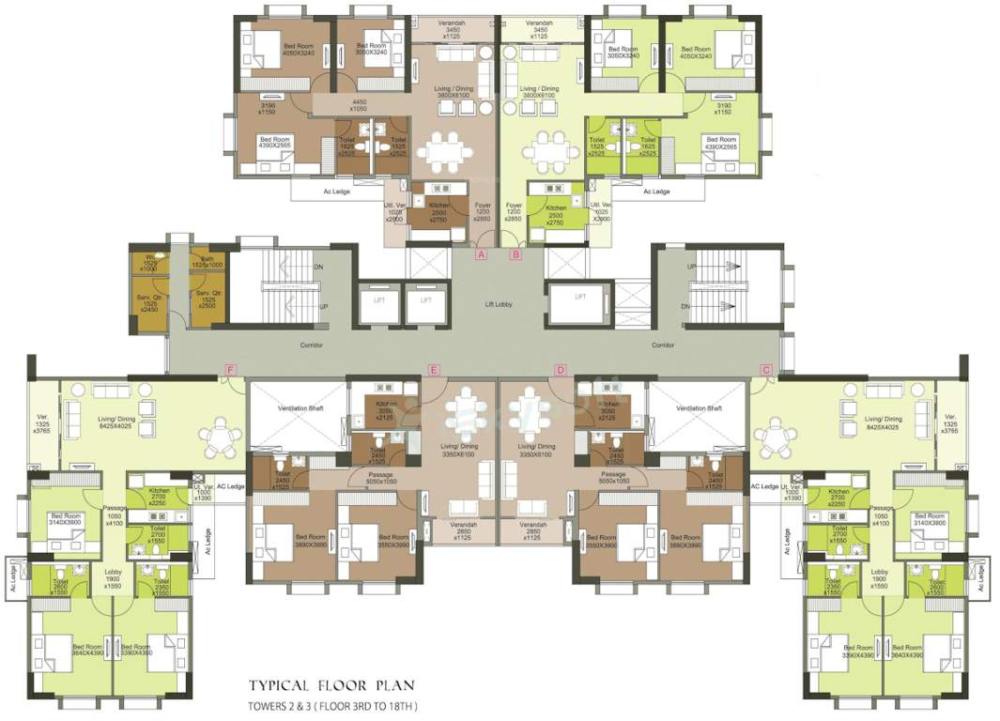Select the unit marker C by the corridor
[766, 370]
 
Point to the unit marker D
[561, 370]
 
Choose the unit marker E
[433, 370]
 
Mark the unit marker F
[230, 370]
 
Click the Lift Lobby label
[500, 304]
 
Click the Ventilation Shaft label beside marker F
[300, 408]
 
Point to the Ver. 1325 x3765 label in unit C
[949, 424]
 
